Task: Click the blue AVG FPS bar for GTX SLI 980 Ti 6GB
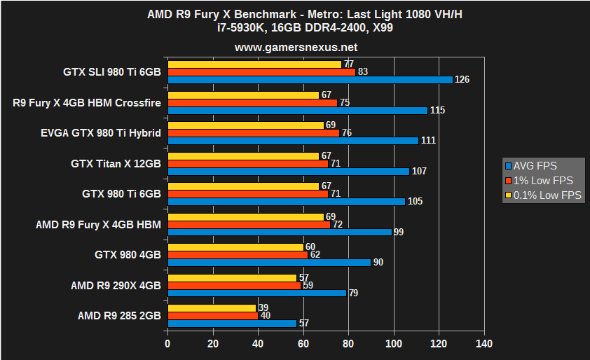pos(310,79)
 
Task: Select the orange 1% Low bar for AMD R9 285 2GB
pos(212,316)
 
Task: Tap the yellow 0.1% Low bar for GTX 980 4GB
pos(235,247)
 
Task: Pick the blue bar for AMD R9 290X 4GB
pos(256,293)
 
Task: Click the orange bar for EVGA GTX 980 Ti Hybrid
pos(253,133)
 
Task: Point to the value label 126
pos(462,80)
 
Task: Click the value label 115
pos(437,110)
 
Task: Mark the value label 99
pos(398,232)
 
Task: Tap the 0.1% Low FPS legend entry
pos(543,195)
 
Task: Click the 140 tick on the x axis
pos(484,344)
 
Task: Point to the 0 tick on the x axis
pos(167,344)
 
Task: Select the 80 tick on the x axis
pos(348,344)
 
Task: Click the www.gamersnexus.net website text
pos(295,48)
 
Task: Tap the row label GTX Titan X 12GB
pos(116,163)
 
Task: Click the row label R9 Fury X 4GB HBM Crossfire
pos(87,103)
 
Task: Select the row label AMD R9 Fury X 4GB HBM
pos(98,224)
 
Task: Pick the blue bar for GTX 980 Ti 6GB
pos(286,202)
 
